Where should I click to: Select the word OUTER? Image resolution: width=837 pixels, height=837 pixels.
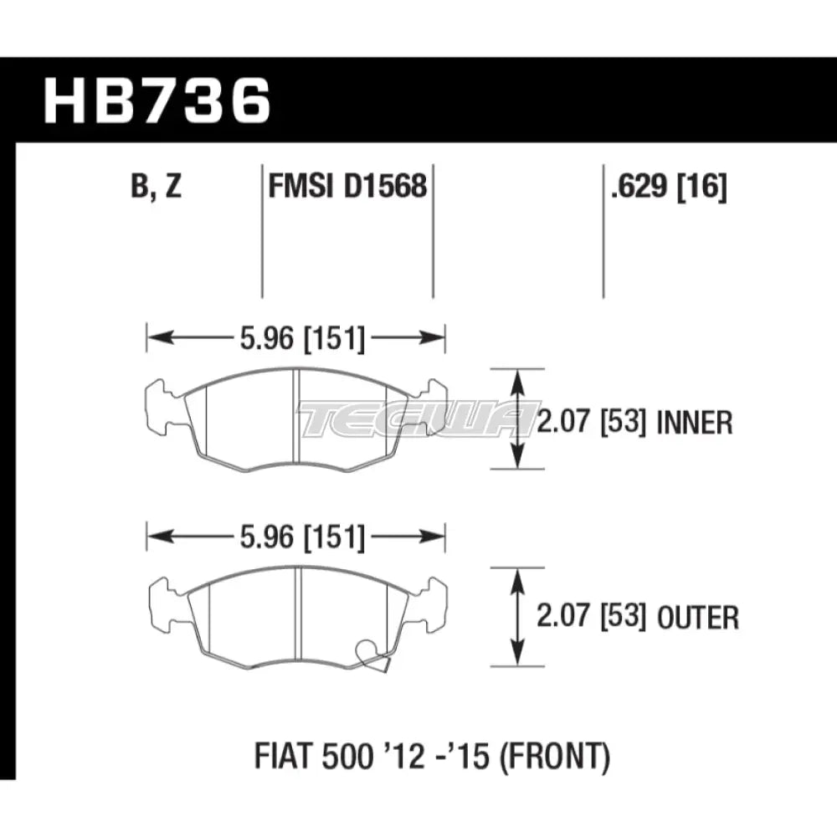[x=698, y=619]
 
